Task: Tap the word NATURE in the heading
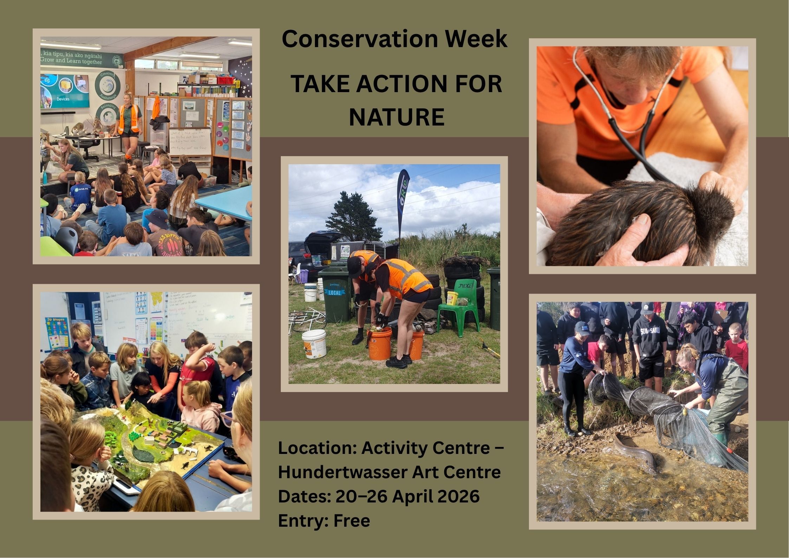click(396, 117)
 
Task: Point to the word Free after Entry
click(351, 520)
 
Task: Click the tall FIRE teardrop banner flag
click(403, 204)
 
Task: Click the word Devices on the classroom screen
click(63, 99)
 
